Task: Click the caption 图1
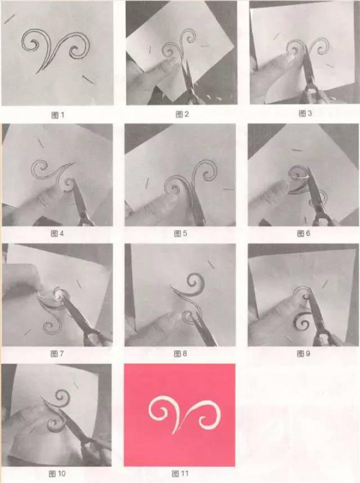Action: (58, 115)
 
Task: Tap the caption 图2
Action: (182, 115)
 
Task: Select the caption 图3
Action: (305, 114)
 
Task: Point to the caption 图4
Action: (57, 233)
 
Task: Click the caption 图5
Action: (181, 233)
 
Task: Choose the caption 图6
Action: (304, 233)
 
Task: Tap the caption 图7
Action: (57, 354)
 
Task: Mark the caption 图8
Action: (181, 354)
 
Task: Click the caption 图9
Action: (304, 354)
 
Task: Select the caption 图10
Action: (57, 474)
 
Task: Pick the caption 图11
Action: (180, 474)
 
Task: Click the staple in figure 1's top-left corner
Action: (9, 19)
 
